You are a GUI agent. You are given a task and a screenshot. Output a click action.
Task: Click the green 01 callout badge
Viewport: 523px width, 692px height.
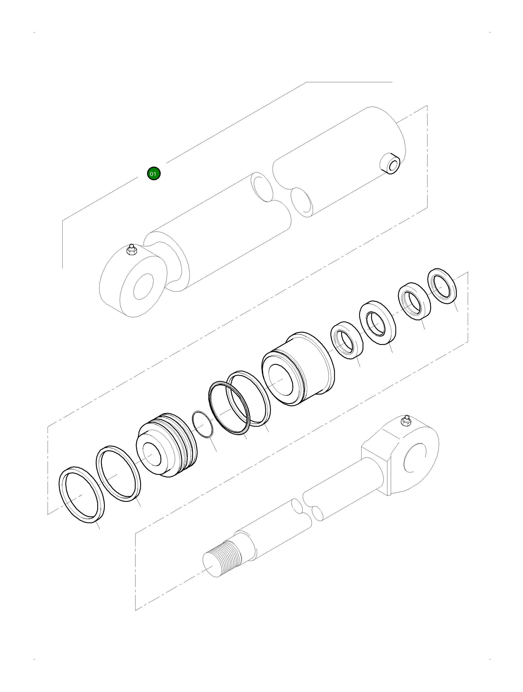click(x=154, y=174)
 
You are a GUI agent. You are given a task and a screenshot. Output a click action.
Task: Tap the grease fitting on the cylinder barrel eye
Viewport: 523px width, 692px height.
click(x=131, y=249)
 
